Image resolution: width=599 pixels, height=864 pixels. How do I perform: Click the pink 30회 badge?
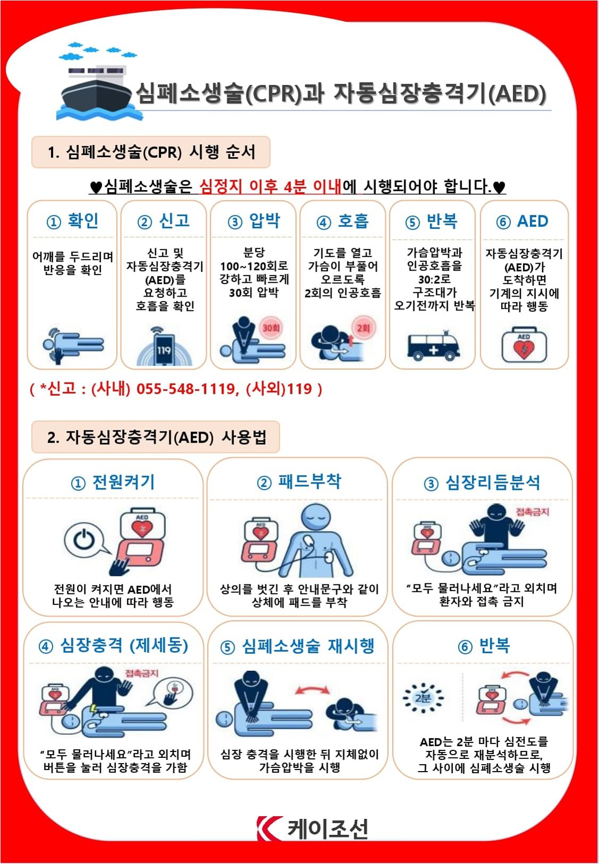click(x=271, y=328)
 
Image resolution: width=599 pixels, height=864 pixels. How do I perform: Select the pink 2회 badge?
click(x=363, y=328)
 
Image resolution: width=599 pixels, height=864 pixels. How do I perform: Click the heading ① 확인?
click(x=72, y=221)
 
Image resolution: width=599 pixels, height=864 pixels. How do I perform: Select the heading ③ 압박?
click(x=254, y=221)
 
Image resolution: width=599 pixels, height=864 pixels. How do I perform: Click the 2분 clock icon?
click(x=423, y=698)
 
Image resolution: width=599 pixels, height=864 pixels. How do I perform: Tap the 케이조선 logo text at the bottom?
click(x=328, y=828)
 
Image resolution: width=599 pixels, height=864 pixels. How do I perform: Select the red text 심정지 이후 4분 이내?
click(x=270, y=187)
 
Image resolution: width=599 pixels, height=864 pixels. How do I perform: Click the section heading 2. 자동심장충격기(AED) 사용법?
click(x=156, y=437)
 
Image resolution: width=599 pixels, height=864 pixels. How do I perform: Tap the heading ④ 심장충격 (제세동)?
click(x=113, y=645)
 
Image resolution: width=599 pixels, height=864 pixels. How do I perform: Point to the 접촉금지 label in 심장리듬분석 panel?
click(x=532, y=512)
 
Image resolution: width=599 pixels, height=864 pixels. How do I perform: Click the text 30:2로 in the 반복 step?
click(x=434, y=279)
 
